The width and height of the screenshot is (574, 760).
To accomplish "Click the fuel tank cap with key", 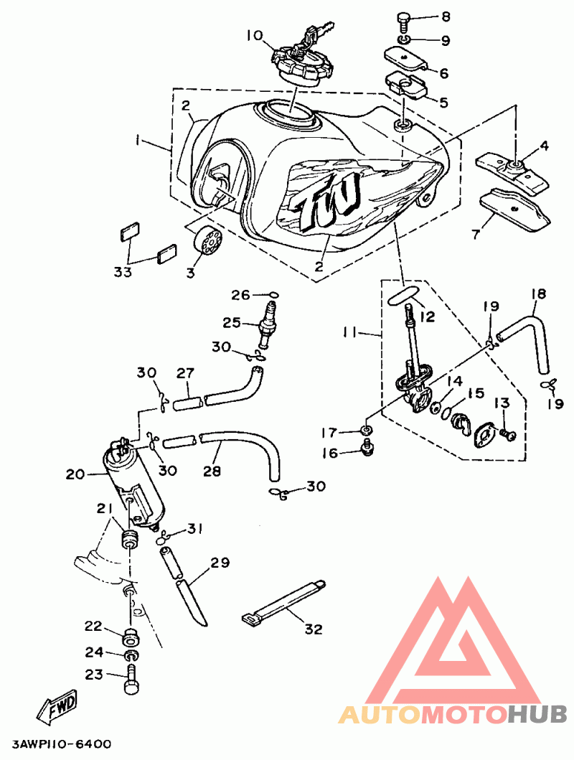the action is point(301,60).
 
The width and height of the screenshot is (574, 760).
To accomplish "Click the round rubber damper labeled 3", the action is point(209,240).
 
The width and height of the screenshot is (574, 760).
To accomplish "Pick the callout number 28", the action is point(212,470).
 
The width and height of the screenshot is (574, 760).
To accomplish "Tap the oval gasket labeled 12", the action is point(403,296).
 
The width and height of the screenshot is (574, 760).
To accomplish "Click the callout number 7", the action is point(476,235).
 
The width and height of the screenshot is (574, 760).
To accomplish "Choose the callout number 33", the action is point(123,272).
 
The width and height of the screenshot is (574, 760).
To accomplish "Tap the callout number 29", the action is point(220,563).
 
